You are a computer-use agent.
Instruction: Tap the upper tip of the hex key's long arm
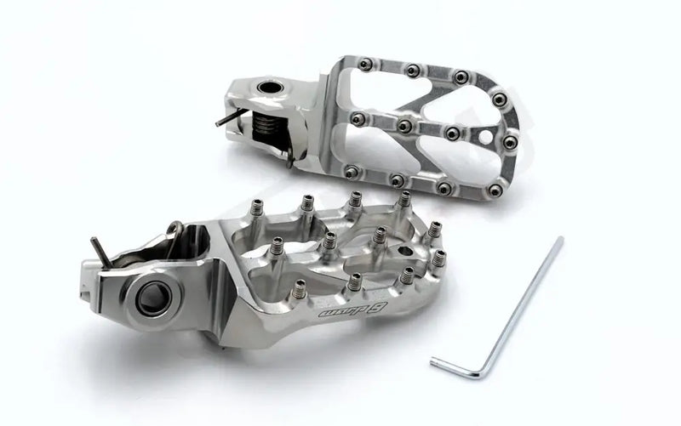558,241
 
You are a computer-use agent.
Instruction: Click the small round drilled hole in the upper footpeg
488,135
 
